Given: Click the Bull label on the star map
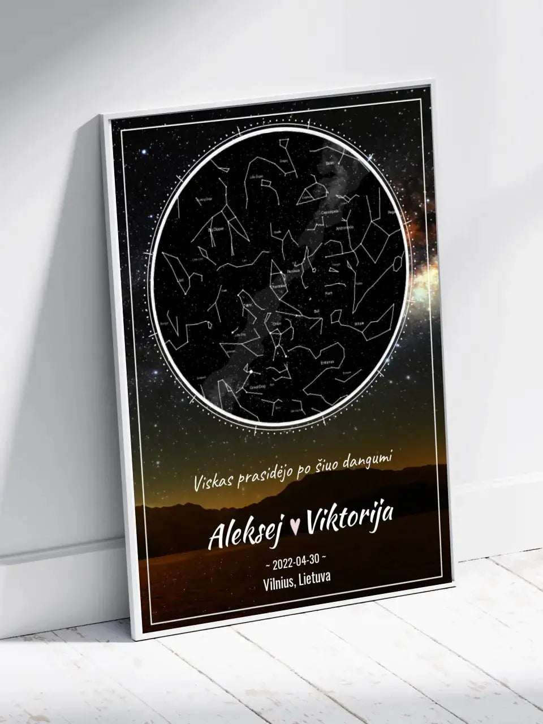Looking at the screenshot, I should pos(324,311).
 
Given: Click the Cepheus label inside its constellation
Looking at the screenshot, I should pos(307,198).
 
